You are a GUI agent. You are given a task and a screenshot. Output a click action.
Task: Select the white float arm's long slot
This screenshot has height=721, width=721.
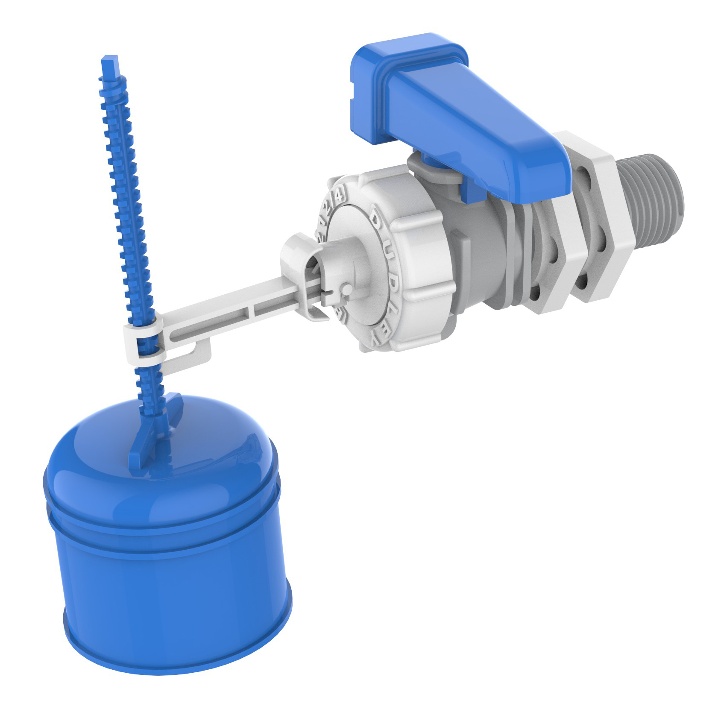point(209,322)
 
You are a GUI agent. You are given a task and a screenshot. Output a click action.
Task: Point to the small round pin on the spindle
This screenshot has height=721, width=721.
point(347,290)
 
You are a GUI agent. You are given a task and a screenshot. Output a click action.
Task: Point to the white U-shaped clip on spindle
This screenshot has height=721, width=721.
point(299,261)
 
